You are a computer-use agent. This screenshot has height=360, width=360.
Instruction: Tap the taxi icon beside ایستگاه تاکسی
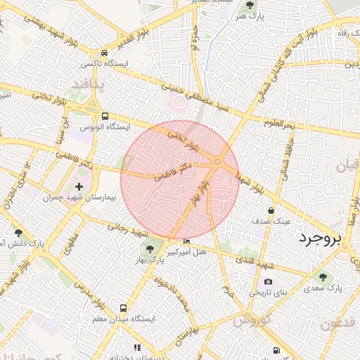click(104, 53)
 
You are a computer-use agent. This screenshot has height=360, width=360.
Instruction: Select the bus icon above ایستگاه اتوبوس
click(105, 117)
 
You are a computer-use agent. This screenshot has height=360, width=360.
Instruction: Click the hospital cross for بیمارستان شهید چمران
click(79, 187)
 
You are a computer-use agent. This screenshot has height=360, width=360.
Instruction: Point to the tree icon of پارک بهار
click(149, 248)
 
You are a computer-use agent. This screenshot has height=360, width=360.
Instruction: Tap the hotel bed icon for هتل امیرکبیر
click(186, 243)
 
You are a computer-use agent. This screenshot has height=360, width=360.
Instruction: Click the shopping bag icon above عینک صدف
click(271, 210)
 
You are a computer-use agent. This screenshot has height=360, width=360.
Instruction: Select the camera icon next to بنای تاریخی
click(249, 281)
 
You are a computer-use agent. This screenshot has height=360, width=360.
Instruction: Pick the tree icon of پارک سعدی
click(323, 277)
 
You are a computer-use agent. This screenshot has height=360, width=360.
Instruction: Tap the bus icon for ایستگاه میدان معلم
click(124, 308)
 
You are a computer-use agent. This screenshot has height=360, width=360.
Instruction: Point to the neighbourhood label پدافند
click(87, 85)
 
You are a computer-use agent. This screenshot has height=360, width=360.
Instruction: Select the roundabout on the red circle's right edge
click(218, 162)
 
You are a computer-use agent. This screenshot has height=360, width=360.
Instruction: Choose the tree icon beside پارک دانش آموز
click(18, 233)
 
